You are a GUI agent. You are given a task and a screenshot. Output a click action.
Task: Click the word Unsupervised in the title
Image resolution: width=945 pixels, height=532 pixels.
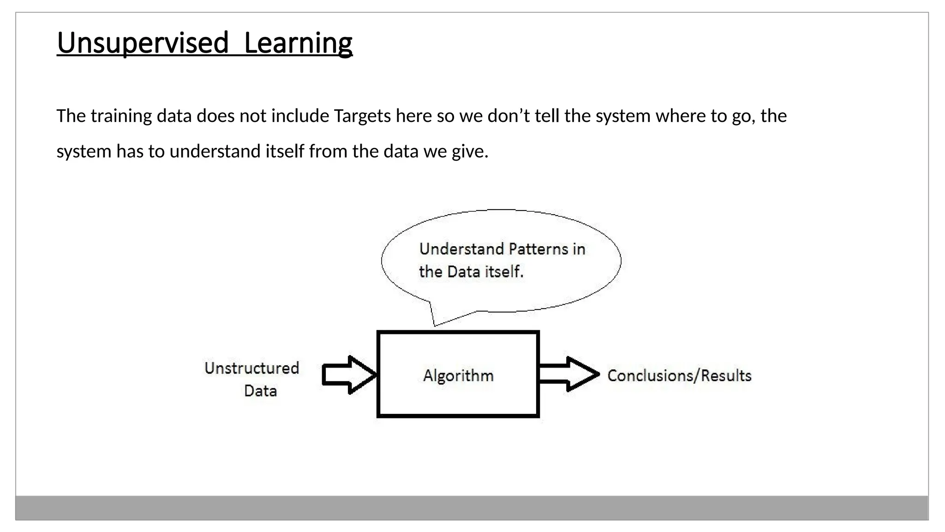[143, 43]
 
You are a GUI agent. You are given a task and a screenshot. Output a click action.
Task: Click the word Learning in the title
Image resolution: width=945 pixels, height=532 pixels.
[298, 43]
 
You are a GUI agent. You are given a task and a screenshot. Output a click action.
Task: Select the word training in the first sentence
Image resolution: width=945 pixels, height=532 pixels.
[121, 116]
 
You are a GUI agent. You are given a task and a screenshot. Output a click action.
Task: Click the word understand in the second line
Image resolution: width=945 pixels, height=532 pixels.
[215, 151]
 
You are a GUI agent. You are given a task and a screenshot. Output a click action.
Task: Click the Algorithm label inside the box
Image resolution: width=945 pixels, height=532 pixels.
[458, 375]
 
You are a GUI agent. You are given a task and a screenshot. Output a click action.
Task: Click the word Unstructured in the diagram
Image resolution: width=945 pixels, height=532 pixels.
[252, 368]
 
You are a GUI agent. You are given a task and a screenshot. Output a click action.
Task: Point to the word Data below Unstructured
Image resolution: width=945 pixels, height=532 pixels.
[260, 391]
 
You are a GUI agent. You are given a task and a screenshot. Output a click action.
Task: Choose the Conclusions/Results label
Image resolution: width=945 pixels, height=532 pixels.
[679, 375]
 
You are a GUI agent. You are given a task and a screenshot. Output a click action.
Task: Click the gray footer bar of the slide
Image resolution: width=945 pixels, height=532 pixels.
[472, 508]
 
